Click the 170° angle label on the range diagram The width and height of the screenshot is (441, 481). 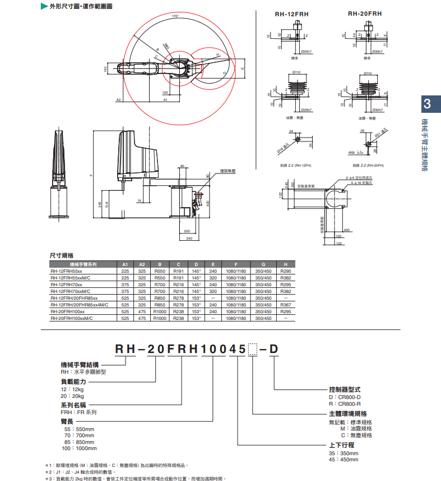tap(175, 16)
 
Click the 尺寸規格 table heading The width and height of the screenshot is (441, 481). tap(62, 255)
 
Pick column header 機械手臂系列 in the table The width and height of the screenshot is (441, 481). tap(83, 264)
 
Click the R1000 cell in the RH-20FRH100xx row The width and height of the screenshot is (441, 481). tap(160, 311)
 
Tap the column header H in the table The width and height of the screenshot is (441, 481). tap(286, 264)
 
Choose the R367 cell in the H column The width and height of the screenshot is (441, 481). tap(286, 305)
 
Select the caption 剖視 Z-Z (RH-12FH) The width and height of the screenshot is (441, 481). tap(295, 166)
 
